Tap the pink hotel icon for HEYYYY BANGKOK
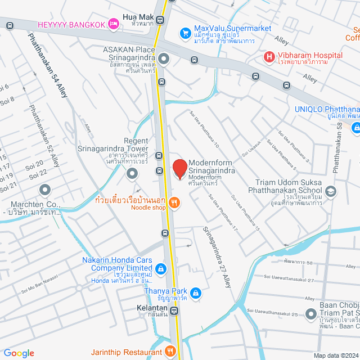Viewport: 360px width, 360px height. pyautogui.click(x=114, y=24)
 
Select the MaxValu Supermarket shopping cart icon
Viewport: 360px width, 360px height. pyautogui.click(x=185, y=33)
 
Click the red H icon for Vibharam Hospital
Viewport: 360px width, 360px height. pyautogui.click(x=269, y=56)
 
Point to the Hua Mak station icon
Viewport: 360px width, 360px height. pyautogui.click(x=161, y=20)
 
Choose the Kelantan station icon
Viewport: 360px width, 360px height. pyautogui.click(x=175, y=310)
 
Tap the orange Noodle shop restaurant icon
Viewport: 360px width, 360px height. pyautogui.click(x=175, y=204)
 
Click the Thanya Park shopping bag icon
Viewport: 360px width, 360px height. pyautogui.click(x=195, y=292)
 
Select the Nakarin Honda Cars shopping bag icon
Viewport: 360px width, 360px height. pyautogui.click(x=161, y=269)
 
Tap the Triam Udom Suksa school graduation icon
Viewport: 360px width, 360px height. pyautogui.click(x=330, y=191)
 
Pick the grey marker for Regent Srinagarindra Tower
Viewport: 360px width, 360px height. pyautogui.click(x=132, y=173)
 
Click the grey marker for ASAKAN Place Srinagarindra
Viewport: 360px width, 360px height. pyautogui.click(x=164, y=58)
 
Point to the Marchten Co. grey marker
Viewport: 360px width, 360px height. pyautogui.click(x=44, y=190)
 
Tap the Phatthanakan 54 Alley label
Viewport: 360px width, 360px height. pyautogui.click(x=47, y=65)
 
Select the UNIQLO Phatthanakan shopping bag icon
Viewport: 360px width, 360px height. pyautogui.click(x=355, y=128)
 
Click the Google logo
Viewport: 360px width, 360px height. pyautogui.click(x=19, y=353)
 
